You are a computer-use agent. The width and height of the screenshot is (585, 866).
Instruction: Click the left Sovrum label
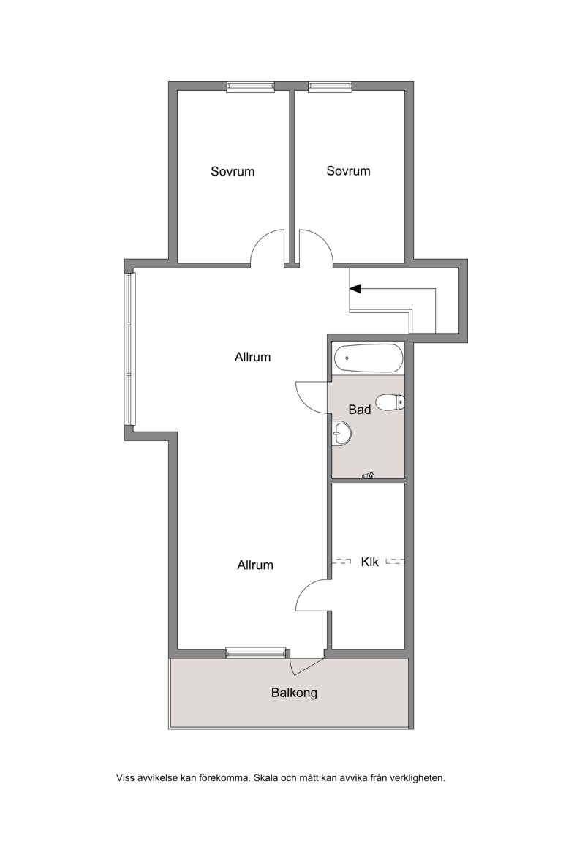pos(233,171)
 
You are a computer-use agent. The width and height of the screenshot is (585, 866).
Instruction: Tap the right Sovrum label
pos(348,170)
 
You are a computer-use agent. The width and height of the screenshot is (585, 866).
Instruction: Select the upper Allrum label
pos(252,357)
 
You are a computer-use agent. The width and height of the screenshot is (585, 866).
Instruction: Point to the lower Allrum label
pos(255,565)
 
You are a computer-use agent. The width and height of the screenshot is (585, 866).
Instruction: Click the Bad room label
pos(360,410)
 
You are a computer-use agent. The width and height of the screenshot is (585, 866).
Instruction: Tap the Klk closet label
pos(369,562)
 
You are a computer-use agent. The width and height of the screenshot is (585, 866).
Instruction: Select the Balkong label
pos(294,693)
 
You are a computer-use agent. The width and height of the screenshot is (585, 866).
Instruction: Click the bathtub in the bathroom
pos(369,358)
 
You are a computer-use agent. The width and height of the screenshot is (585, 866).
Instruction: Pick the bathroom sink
pos(342,434)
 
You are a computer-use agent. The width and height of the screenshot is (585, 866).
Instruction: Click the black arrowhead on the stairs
pos(355,288)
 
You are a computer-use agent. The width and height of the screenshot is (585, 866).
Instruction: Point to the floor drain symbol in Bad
pos(368,475)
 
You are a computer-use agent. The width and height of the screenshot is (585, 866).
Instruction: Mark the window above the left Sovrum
pos(251,86)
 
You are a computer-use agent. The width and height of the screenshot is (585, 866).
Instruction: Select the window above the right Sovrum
pos(331,86)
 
